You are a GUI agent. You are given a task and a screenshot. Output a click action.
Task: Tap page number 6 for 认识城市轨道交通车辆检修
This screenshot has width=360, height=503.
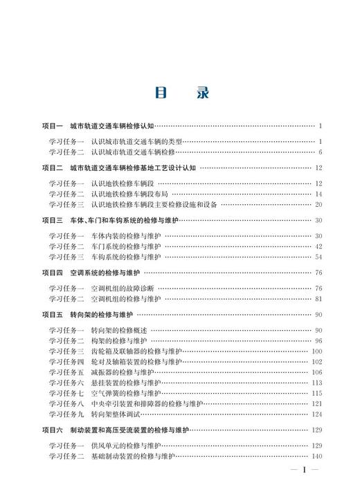(x=321, y=152)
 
